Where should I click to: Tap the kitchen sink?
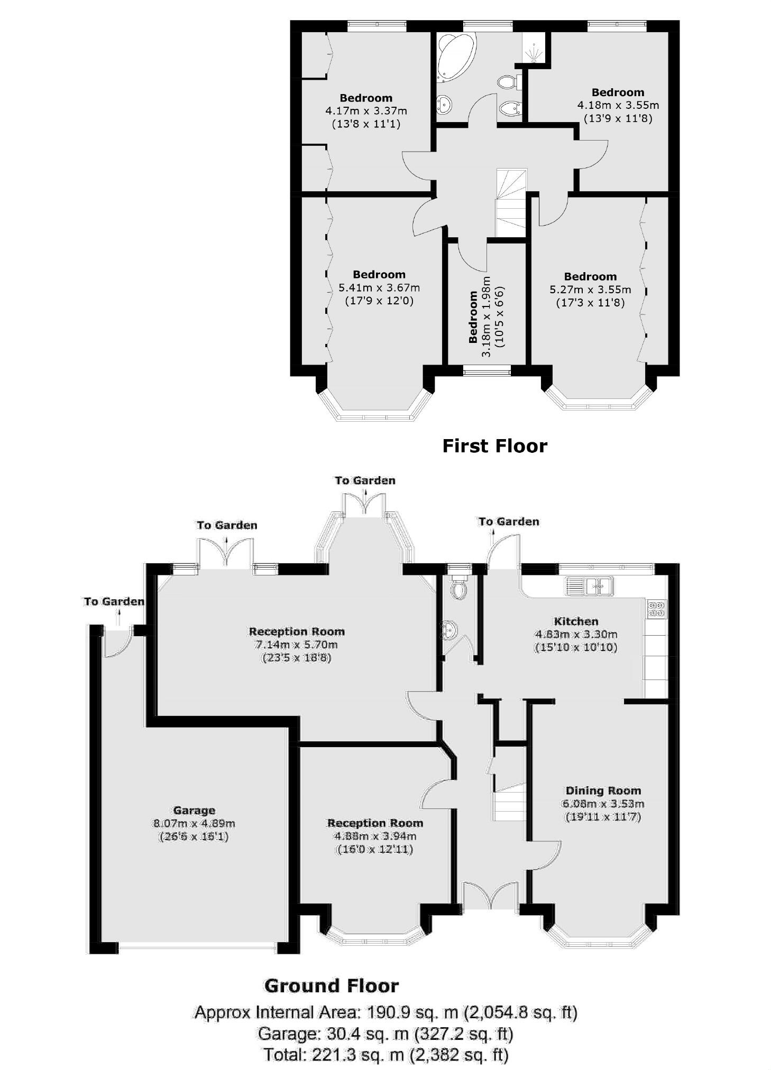(x=589, y=585)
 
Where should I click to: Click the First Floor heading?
(x=494, y=446)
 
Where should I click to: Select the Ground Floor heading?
(x=331, y=985)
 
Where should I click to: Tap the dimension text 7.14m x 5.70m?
(x=296, y=645)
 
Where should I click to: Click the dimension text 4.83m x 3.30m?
(x=576, y=634)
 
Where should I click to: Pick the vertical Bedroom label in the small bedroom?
(x=473, y=317)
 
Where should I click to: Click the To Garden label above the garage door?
(x=114, y=601)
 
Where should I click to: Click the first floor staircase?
(x=511, y=203)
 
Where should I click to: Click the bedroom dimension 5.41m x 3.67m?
(x=379, y=288)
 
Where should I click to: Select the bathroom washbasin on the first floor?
(x=444, y=105)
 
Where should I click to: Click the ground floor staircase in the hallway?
(x=509, y=801)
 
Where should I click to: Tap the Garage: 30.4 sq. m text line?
(x=385, y=1033)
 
